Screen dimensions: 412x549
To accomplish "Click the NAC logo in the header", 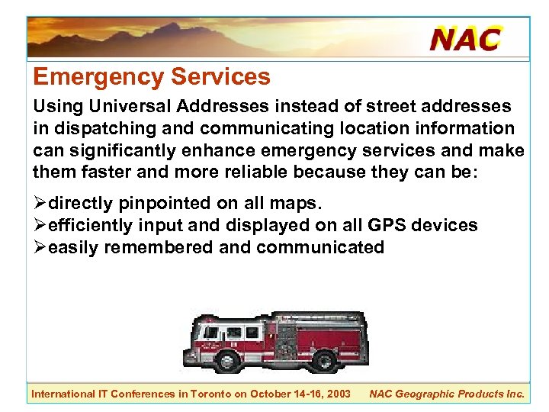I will (465, 38).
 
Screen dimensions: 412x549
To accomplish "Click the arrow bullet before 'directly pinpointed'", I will (40, 204).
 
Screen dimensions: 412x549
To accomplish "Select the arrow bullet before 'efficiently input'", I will (40, 226).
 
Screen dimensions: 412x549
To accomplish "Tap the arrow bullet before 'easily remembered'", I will (40, 247).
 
